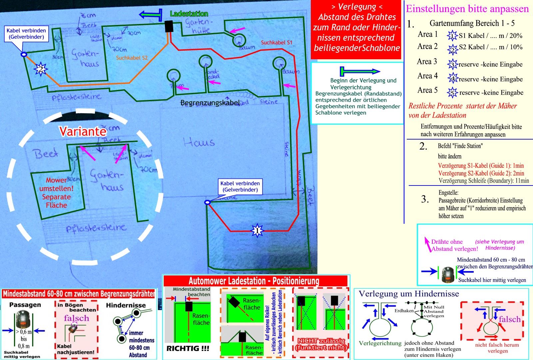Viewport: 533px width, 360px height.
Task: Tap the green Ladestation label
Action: pos(189,14)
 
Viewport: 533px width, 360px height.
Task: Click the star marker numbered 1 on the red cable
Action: pos(257,230)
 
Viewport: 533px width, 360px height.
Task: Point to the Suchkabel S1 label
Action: pos(276,43)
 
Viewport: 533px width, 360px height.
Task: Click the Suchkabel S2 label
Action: pos(132,58)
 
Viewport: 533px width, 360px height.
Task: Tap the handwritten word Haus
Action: pos(199,143)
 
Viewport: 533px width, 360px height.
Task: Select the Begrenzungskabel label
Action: pos(210,103)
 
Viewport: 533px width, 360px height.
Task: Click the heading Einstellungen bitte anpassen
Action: pos(467,9)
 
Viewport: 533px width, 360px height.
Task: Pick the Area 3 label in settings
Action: pos(427,62)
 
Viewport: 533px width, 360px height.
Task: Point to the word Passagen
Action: pos(25,305)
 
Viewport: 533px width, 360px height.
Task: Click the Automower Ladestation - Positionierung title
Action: pos(254,281)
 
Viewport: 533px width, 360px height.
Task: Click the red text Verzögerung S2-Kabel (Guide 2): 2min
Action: pos(481,173)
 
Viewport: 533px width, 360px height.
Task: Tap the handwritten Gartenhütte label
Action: pos(198,26)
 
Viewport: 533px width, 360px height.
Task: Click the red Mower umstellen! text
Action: pos(56,192)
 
